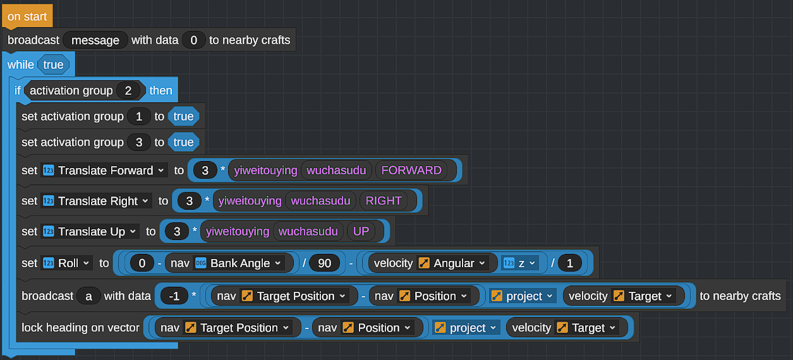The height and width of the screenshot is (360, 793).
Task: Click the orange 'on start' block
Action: tap(27, 16)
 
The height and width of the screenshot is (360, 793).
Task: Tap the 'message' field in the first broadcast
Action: tap(95, 40)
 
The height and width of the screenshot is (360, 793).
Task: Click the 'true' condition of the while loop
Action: tap(53, 65)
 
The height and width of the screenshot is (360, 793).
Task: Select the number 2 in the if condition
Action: tap(128, 90)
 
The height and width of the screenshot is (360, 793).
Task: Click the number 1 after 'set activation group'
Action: tap(139, 116)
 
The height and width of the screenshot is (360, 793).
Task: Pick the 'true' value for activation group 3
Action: tap(183, 142)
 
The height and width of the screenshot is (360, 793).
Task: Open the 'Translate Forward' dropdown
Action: tap(104, 171)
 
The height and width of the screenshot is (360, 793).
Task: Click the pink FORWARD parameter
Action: tap(411, 171)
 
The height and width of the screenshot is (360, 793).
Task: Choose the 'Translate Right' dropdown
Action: tap(96, 201)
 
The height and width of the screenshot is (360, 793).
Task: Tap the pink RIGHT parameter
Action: tap(384, 201)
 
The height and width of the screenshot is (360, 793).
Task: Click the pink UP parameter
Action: tap(361, 231)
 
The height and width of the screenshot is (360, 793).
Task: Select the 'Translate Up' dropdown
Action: tap(90, 231)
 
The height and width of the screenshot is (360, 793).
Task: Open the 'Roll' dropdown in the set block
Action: tap(66, 263)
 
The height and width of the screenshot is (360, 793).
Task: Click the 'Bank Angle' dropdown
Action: tap(239, 263)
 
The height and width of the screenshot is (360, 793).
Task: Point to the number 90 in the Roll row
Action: tap(324, 263)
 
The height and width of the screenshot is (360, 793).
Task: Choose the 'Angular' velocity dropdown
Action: tap(453, 263)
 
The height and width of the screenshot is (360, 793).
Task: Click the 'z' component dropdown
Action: tap(519, 263)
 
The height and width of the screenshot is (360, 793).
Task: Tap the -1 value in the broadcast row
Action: tap(174, 296)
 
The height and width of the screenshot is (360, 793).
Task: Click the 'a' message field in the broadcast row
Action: tap(88, 296)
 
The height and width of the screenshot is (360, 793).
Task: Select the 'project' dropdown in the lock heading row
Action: tap(466, 328)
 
